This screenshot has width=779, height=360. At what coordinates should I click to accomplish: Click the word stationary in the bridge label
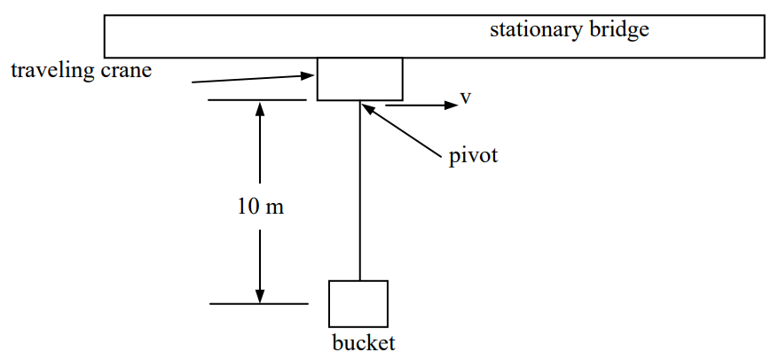[536, 29]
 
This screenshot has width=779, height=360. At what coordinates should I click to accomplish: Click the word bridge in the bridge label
[619, 29]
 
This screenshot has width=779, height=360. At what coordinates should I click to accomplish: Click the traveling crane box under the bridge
[359, 79]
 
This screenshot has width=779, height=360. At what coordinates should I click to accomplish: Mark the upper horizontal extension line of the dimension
[257, 100]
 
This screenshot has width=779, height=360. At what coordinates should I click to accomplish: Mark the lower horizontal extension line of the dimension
[257, 304]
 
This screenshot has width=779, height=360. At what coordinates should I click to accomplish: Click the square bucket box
[358, 303]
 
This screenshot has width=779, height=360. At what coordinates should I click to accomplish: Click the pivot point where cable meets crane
[359, 101]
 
